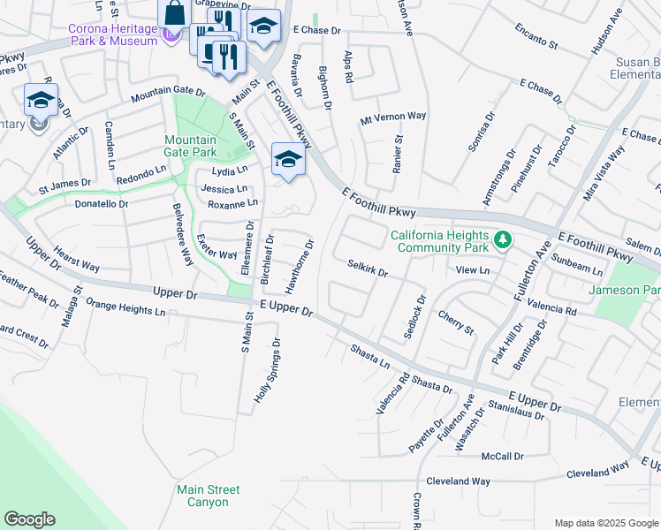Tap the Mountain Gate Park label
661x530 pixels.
[x=190, y=147]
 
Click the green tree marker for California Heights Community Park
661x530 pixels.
[x=503, y=239]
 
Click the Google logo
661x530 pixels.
[x=29, y=519]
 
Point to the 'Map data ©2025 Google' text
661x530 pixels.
[x=605, y=523]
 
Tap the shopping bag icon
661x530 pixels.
[x=174, y=13]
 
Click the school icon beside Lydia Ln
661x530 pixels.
[x=287, y=160]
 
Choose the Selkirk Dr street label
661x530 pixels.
[x=368, y=268]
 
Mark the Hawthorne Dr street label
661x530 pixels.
[x=300, y=267]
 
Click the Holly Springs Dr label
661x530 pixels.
[x=268, y=371]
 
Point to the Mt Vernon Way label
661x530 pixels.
[x=393, y=117]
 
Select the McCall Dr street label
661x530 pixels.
[x=503, y=456]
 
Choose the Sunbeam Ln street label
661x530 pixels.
[x=577, y=265]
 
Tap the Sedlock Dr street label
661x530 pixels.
[x=414, y=316]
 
